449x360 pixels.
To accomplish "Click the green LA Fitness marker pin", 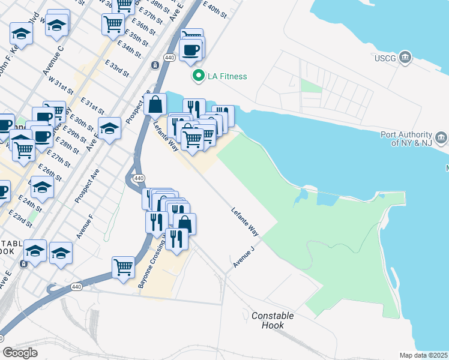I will click(197, 76).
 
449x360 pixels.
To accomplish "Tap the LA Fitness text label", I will click(227, 76).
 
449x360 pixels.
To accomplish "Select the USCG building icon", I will click(406, 58).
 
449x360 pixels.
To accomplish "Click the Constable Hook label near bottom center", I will click(273, 320).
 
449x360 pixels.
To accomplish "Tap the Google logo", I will click(20, 352).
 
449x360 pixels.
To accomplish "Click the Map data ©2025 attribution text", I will click(423, 355).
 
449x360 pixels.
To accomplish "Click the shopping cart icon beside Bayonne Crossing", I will click(123, 265).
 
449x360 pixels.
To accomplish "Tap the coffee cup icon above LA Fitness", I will click(191, 50).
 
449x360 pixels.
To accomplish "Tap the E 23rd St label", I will click(20, 218).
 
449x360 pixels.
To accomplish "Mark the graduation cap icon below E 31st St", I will click(109, 128).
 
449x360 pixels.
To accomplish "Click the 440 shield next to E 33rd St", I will click(169, 58).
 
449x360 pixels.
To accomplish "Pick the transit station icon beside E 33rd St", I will click(155, 65).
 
